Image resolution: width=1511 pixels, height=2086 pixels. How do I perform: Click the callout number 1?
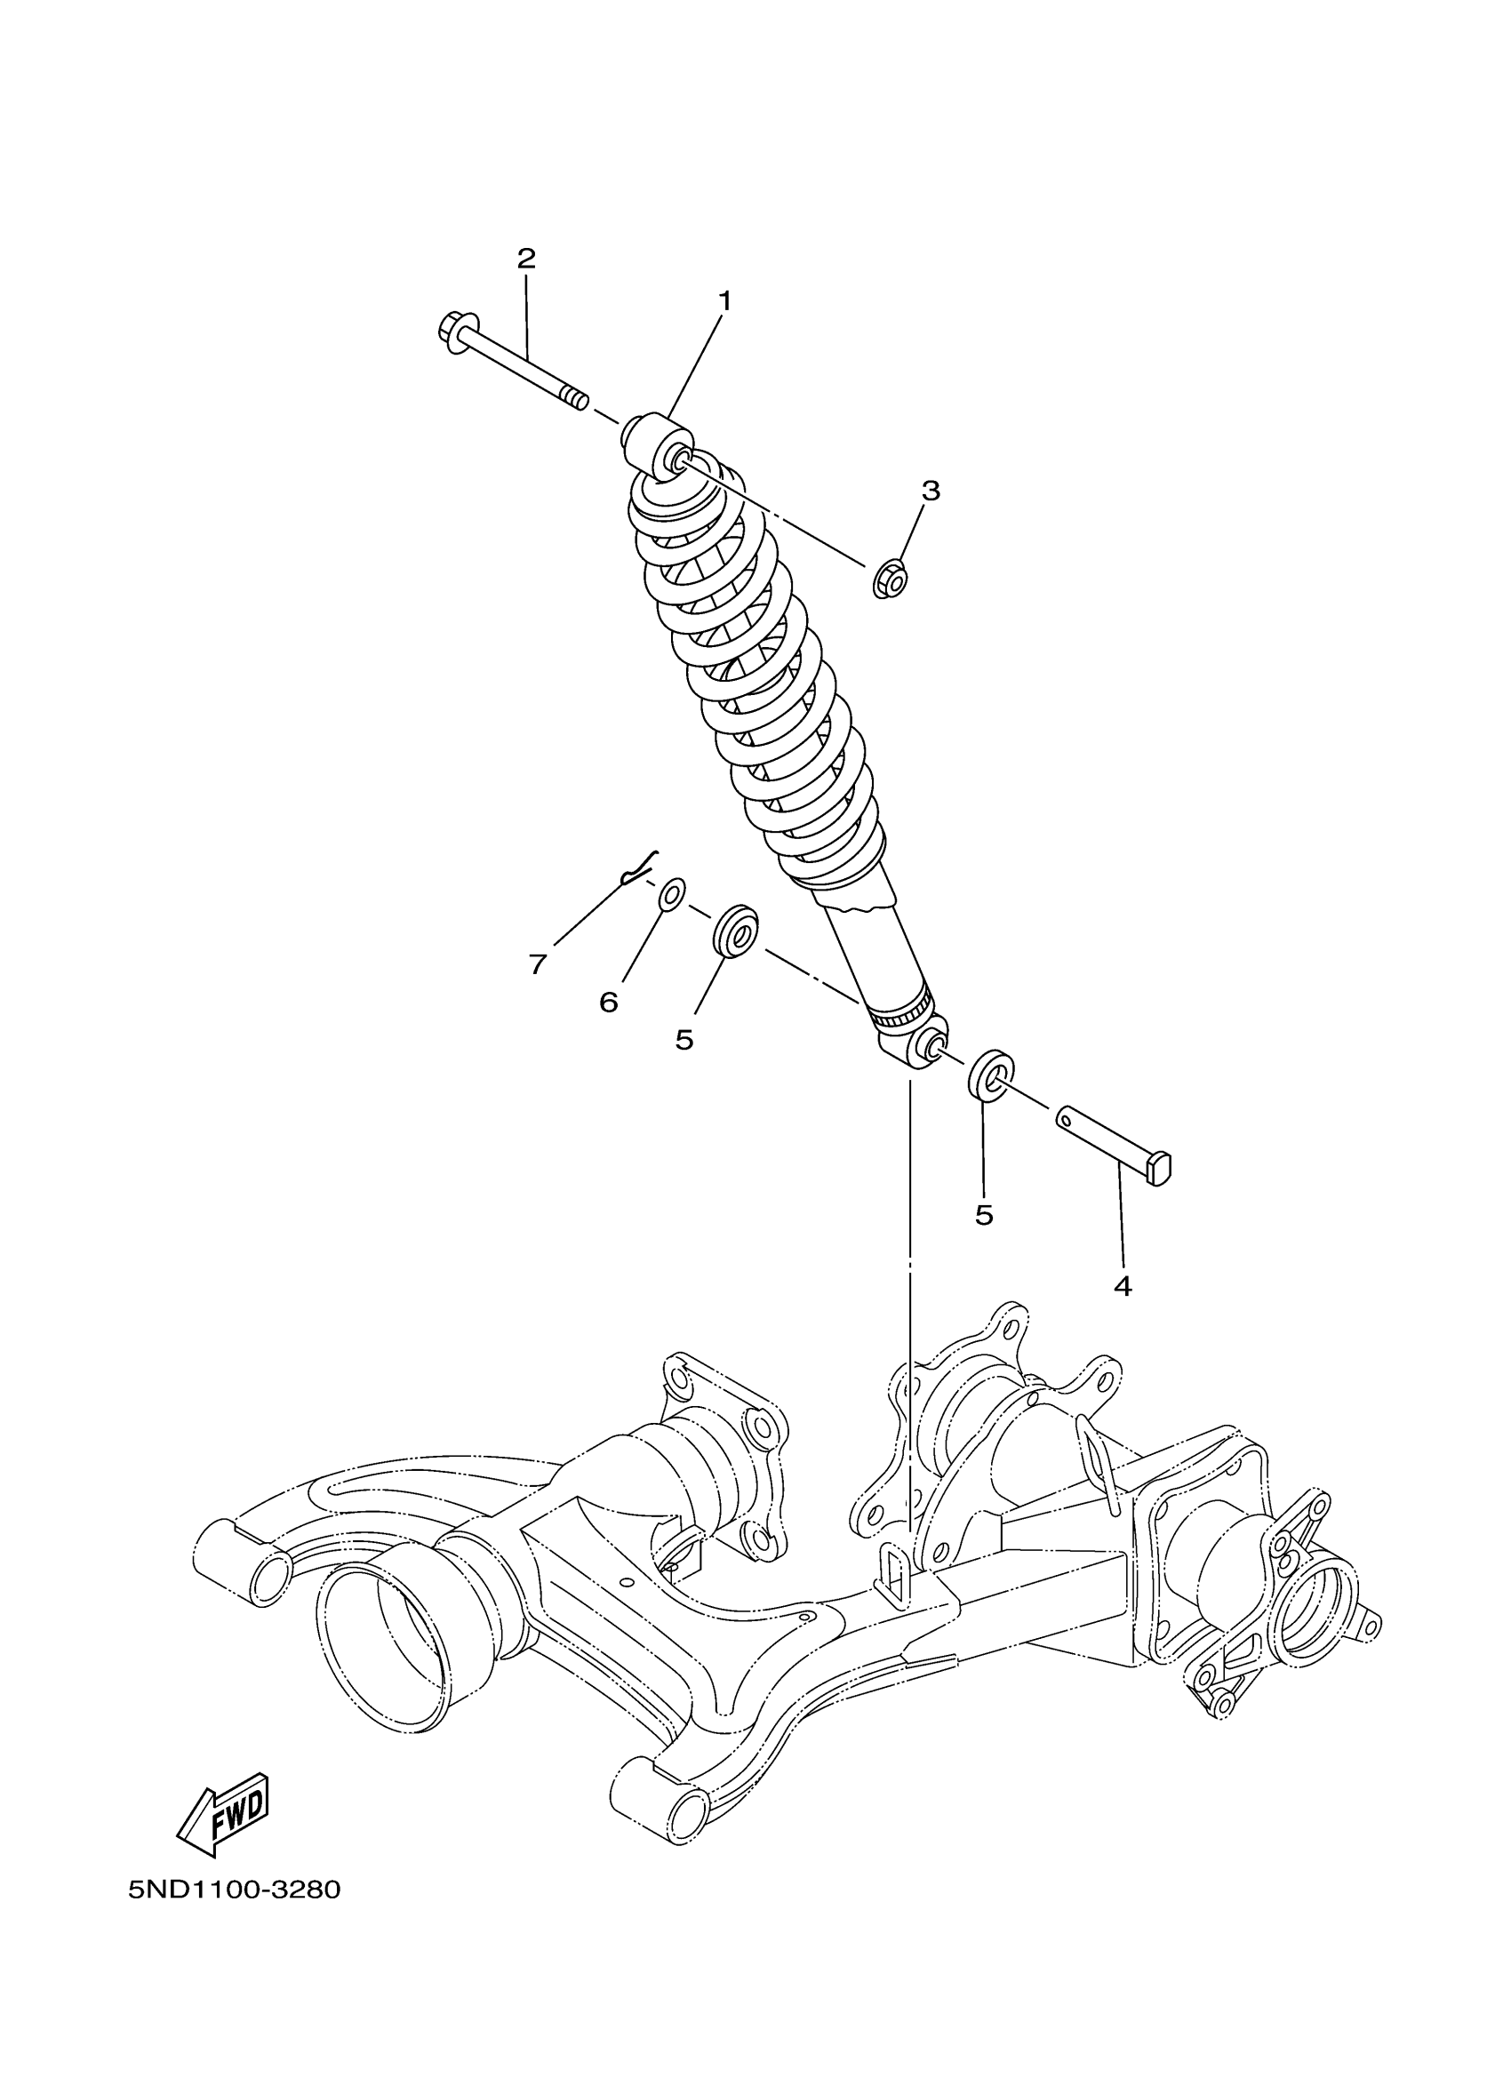(x=724, y=300)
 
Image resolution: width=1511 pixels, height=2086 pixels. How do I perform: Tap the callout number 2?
(x=526, y=259)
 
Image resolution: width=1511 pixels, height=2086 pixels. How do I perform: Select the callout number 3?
(x=931, y=492)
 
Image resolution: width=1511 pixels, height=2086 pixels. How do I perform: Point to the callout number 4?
(x=1122, y=1287)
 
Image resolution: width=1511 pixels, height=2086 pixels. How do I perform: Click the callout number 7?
(x=538, y=964)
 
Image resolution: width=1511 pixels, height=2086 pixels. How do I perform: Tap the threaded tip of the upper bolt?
(x=575, y=401)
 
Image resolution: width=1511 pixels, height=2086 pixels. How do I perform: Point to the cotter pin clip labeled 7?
(x=637, y=867)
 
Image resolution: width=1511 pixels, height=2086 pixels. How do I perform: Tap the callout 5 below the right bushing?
(x=984, y=1215)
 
